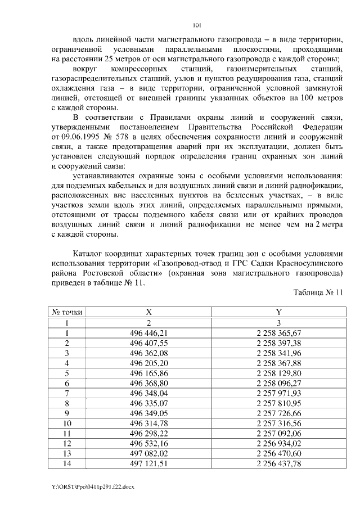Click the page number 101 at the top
click(x=196, y=25)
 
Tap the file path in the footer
click(x=84, y=485)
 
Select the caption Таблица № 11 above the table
click(x=318, y=292)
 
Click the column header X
click(x=148, y=312)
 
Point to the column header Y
click(x=278, y=312)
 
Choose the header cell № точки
click(x=67, y=312)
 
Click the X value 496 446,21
click(x=148, y=333)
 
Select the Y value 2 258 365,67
click(x=278, y=333)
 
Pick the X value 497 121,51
click(x=148, y=463)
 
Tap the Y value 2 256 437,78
click(x=278, y=463)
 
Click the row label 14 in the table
click(x=67, y=463)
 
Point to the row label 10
click(x=67, y=423)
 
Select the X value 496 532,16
click(x=148, y=443)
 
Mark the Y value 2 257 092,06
click(x=278, y=433)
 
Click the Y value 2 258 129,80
click(x=278, y=373)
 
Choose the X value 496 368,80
click(x=148, y=383)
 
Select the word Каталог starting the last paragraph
click(x=91, y=253)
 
